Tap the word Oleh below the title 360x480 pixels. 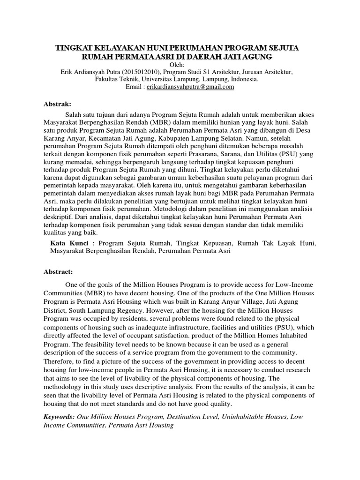coord(179,65)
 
